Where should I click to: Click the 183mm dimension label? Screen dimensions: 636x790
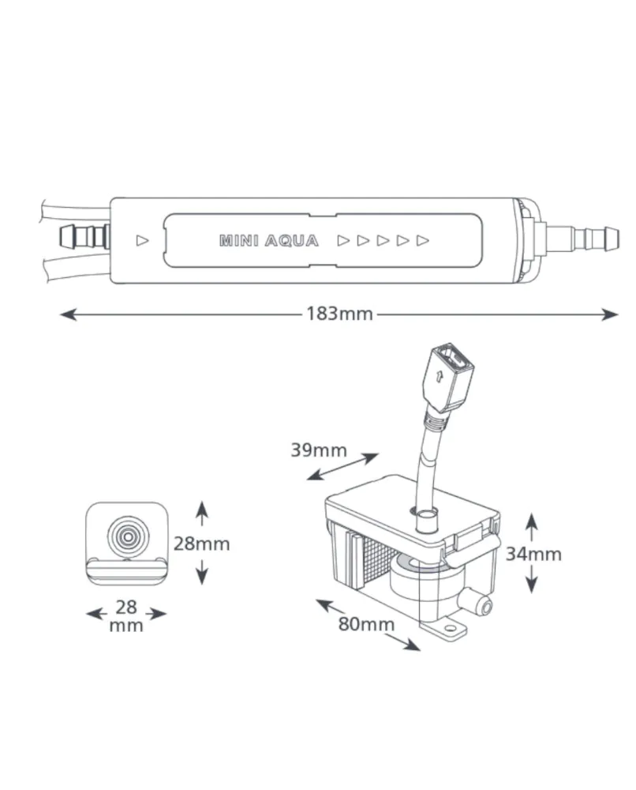tap(339, 314)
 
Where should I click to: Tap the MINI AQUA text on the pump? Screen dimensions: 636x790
tap(269, 241)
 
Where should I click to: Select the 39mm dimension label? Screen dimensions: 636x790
tap(319, 450)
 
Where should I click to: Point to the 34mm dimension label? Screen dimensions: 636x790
tap(533, 554)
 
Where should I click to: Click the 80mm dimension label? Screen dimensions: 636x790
tap(366, 624)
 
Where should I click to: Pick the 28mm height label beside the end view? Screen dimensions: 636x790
tap(201, 544)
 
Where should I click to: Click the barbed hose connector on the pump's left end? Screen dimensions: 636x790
tap(84, 237)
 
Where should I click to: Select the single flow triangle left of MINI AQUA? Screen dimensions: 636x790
tap(142, 241)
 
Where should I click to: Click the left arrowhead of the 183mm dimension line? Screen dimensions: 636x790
tap(68, 315)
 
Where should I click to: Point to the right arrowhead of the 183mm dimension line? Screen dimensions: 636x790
tap(609, 315)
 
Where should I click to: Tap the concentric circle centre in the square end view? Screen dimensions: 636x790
tap(128, 537)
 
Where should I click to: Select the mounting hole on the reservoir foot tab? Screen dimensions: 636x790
tap(449, 628)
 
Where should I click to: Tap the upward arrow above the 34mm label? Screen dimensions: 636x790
tap(532, 527)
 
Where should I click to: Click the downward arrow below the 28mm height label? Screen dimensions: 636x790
tap(202, 572)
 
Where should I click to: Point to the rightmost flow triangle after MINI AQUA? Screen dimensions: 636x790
tap(423, 241)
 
